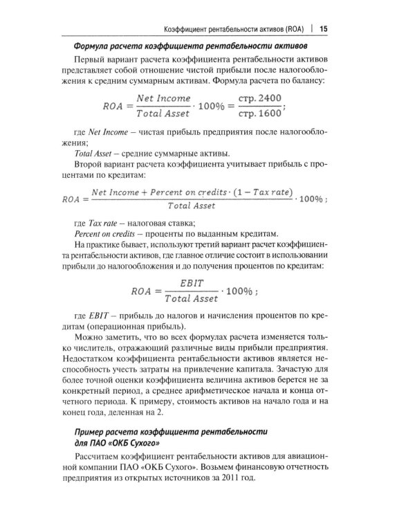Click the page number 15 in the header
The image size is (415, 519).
(x=324, y=28)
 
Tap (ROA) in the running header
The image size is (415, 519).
(x=290, y=28)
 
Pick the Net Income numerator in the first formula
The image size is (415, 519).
(x=163, y=99)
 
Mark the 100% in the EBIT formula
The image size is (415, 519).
(x=236, y=291)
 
